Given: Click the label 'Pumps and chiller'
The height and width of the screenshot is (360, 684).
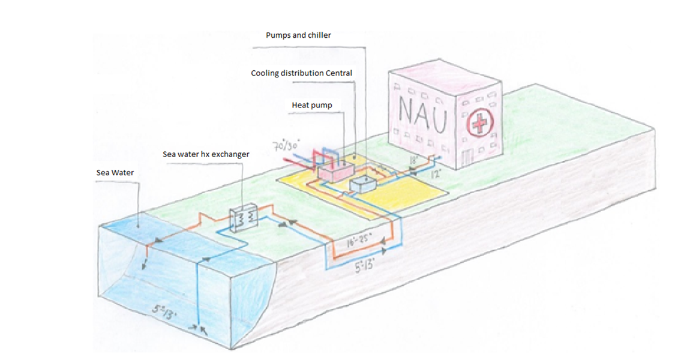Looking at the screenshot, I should click(x=298, y=35).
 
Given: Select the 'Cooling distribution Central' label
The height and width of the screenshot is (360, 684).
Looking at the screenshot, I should click(x=301, y=73).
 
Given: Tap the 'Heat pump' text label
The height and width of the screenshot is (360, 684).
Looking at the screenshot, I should click(x=311, y=105).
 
